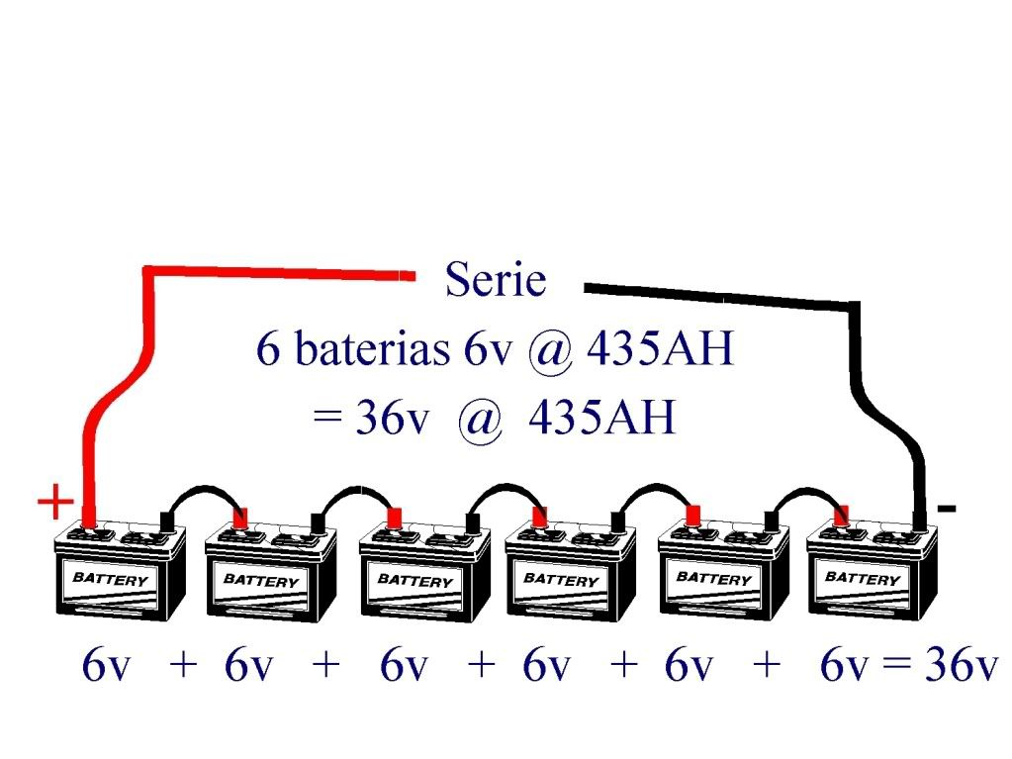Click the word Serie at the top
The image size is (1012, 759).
pyautogui.click(x=495, y=280)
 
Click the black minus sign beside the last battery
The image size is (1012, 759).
pyautogui.click(x=947, y=509)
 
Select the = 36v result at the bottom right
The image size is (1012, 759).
pyautogui.click(x=940, y=667)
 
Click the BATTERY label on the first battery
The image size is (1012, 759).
pyautogui.click(x=111, y=579)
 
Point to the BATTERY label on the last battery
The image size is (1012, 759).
pyautogui.click(x=863, y=577)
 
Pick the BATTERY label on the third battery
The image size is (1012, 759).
pyautogui.click(x=414, y=580)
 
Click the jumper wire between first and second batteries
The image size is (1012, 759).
pyautogui.click(x=203, y=492)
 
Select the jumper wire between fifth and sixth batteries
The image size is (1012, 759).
pyautogui.click(x=807, y=492)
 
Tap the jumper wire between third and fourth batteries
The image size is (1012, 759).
pyautogui.click(x=506, y=489)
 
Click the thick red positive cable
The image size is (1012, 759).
pyautogui.click(x=148, y=297)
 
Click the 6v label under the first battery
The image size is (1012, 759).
pyautogui.click(x=106, y=667)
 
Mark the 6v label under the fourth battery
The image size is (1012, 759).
pyautogui.click(x=546, y=667)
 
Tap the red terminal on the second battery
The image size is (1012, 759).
pyautogui.click(x=239, y=517)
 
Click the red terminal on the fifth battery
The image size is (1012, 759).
pyautogui.click(x=693, y=514)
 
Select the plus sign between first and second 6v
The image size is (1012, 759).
pyautogui.click(x=183, y=666)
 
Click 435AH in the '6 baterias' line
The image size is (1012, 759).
pyautogui.click(x=659, y=349)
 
